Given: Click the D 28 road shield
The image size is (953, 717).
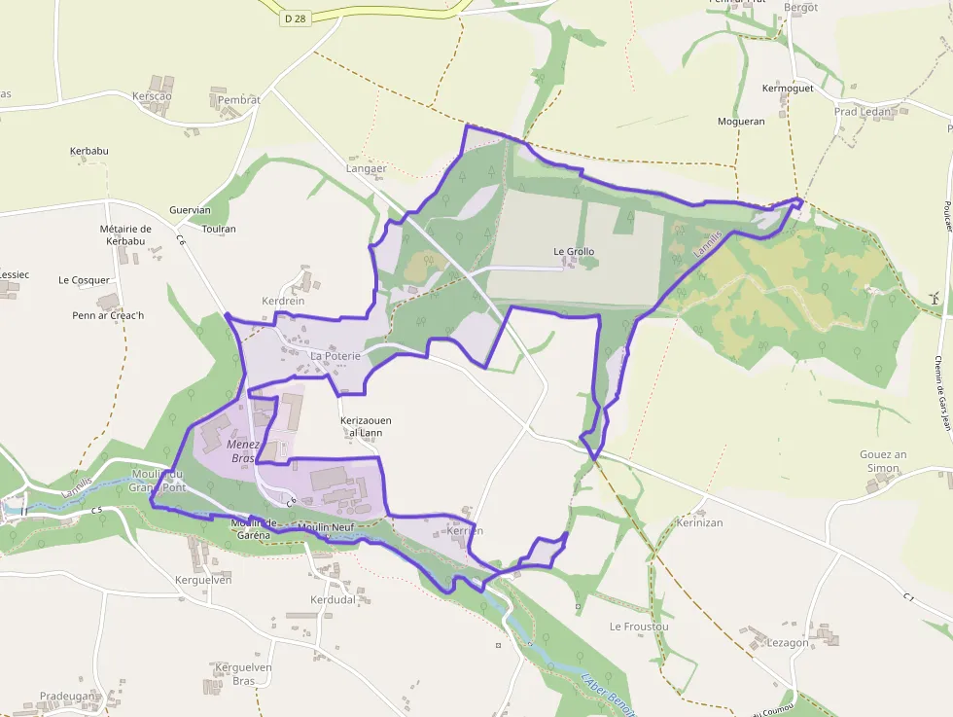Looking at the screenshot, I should click(295, 18).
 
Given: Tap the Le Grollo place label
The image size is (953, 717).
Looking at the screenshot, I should click(574, 252).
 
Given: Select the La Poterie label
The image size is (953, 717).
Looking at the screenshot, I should click(335, 356).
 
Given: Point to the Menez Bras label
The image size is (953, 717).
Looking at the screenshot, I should click(243, 450).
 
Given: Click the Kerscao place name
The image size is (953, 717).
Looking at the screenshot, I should click(152, 96).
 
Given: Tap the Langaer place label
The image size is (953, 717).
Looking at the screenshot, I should click(367, 168).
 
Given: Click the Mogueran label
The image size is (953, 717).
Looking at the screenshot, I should click(741, 122).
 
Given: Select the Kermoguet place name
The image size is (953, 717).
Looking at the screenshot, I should click(788, 89).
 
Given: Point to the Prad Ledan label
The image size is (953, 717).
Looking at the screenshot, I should click(863, 111).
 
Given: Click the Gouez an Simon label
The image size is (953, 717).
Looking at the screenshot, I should click(883, 461).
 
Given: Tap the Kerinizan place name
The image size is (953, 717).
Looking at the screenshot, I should click(700, 522).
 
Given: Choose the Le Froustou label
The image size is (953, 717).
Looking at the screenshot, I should click(639, 627).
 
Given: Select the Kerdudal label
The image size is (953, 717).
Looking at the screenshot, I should click(333, 599).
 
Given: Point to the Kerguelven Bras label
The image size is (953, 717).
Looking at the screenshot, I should click(243, 673).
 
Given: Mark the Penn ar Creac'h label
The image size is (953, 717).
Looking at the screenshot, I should click(108, 315).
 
